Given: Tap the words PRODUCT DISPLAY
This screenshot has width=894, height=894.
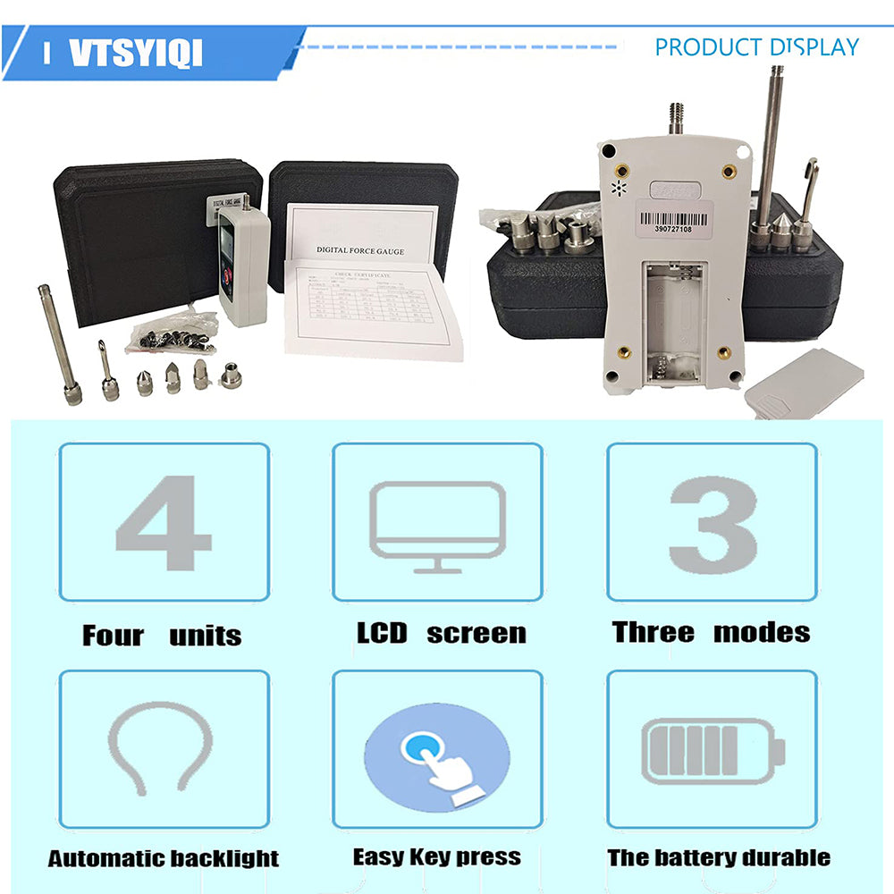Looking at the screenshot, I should (x=756, y=47).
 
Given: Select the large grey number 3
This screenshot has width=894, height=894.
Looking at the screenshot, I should (x=713, y=523).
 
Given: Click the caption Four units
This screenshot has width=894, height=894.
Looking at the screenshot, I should (x=162, y=636).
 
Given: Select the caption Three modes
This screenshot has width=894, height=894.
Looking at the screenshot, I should (x=712, y=632).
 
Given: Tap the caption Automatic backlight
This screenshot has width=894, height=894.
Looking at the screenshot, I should (x=164, y=859).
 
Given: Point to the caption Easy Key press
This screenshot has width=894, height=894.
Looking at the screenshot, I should (x=436, y=856).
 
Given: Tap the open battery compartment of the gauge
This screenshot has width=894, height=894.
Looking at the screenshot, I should (x=675, y=323).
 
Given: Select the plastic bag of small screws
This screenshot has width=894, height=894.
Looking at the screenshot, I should (x=174, y=333).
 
